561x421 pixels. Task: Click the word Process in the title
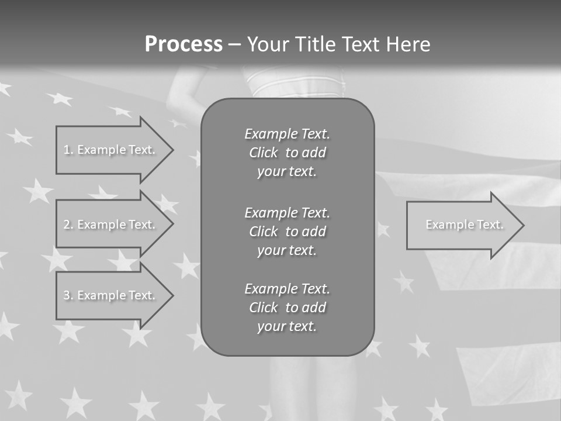coord(183,44)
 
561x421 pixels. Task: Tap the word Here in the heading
coord(408,44)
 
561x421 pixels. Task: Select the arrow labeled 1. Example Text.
coord(111,150)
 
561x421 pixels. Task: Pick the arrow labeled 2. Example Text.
coord(111,225)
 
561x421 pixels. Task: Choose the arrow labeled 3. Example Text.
coord(111,295)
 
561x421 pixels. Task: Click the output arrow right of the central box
coord(462,225)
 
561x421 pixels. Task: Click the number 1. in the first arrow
coord(68,150)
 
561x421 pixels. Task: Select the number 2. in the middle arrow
coord(68,225)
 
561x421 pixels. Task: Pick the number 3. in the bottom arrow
coord(68,295)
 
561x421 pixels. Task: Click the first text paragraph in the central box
coord(287,153)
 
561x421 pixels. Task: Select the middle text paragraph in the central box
coord(287,232)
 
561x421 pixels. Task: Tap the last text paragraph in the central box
coord(287,308)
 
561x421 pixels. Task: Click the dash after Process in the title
coord(234,44)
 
